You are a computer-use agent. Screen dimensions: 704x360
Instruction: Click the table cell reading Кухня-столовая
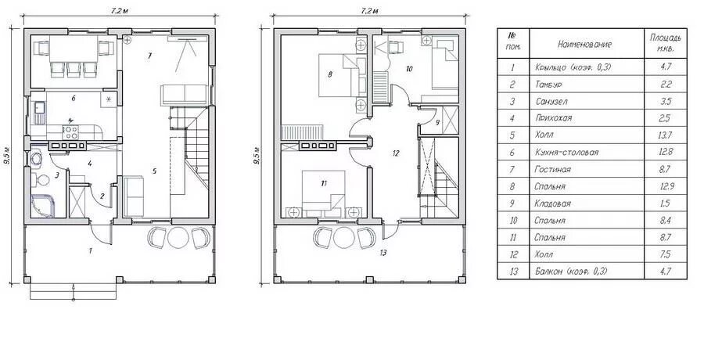click(566, 153)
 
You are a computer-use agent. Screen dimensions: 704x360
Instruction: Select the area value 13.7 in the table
click(666, 135)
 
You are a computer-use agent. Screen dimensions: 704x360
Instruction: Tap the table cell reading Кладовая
click(553, 203)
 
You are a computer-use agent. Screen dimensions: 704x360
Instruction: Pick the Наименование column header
click(584, 45)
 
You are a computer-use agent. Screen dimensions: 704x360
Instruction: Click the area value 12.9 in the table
click(666, 186)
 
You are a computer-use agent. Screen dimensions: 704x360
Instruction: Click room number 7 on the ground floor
click(150, 56)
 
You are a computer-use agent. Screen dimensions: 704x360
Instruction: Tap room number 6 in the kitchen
click(73, 98)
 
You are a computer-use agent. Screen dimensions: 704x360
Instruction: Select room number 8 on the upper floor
click(330, 74)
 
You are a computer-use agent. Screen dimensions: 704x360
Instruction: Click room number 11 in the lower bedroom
click(324, 183)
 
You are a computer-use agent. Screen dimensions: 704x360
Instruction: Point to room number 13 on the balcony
click(383, 253)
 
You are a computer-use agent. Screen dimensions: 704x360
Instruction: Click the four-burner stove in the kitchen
click(70, 132)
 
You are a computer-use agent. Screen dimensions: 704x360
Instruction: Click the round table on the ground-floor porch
click(178, 237)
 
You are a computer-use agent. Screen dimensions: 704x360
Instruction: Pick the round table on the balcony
click(344, 237)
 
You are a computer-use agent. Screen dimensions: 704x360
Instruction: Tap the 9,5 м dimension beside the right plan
click(257, 157)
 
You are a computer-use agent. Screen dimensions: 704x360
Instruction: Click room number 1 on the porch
click(90, 250)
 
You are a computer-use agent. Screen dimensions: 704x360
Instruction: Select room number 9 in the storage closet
click(437, 122)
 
